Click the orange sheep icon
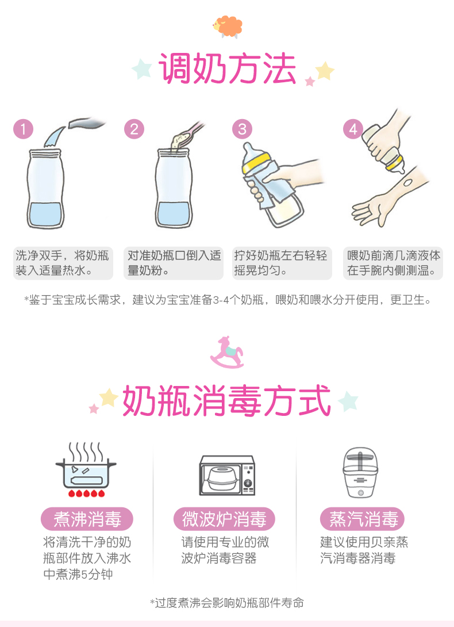[228, 27]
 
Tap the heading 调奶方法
[227, 68]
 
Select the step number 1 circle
[23, 129]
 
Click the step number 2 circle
[134, 129]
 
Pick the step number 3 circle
[242, 129]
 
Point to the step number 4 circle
[353, 129]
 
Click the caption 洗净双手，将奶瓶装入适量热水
[63, 263]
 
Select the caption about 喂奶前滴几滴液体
[393, 263]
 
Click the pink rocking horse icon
[226, 352]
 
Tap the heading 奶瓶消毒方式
[226, 400]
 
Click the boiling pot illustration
[86, 469]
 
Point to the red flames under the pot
[86, 493]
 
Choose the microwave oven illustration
[227, 475]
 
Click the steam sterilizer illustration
[360, 472]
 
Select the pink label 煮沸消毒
[87, 519]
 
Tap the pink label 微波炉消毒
[224, 519]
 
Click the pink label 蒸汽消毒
[363, 519]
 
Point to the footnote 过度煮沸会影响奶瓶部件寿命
[227, 603]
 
